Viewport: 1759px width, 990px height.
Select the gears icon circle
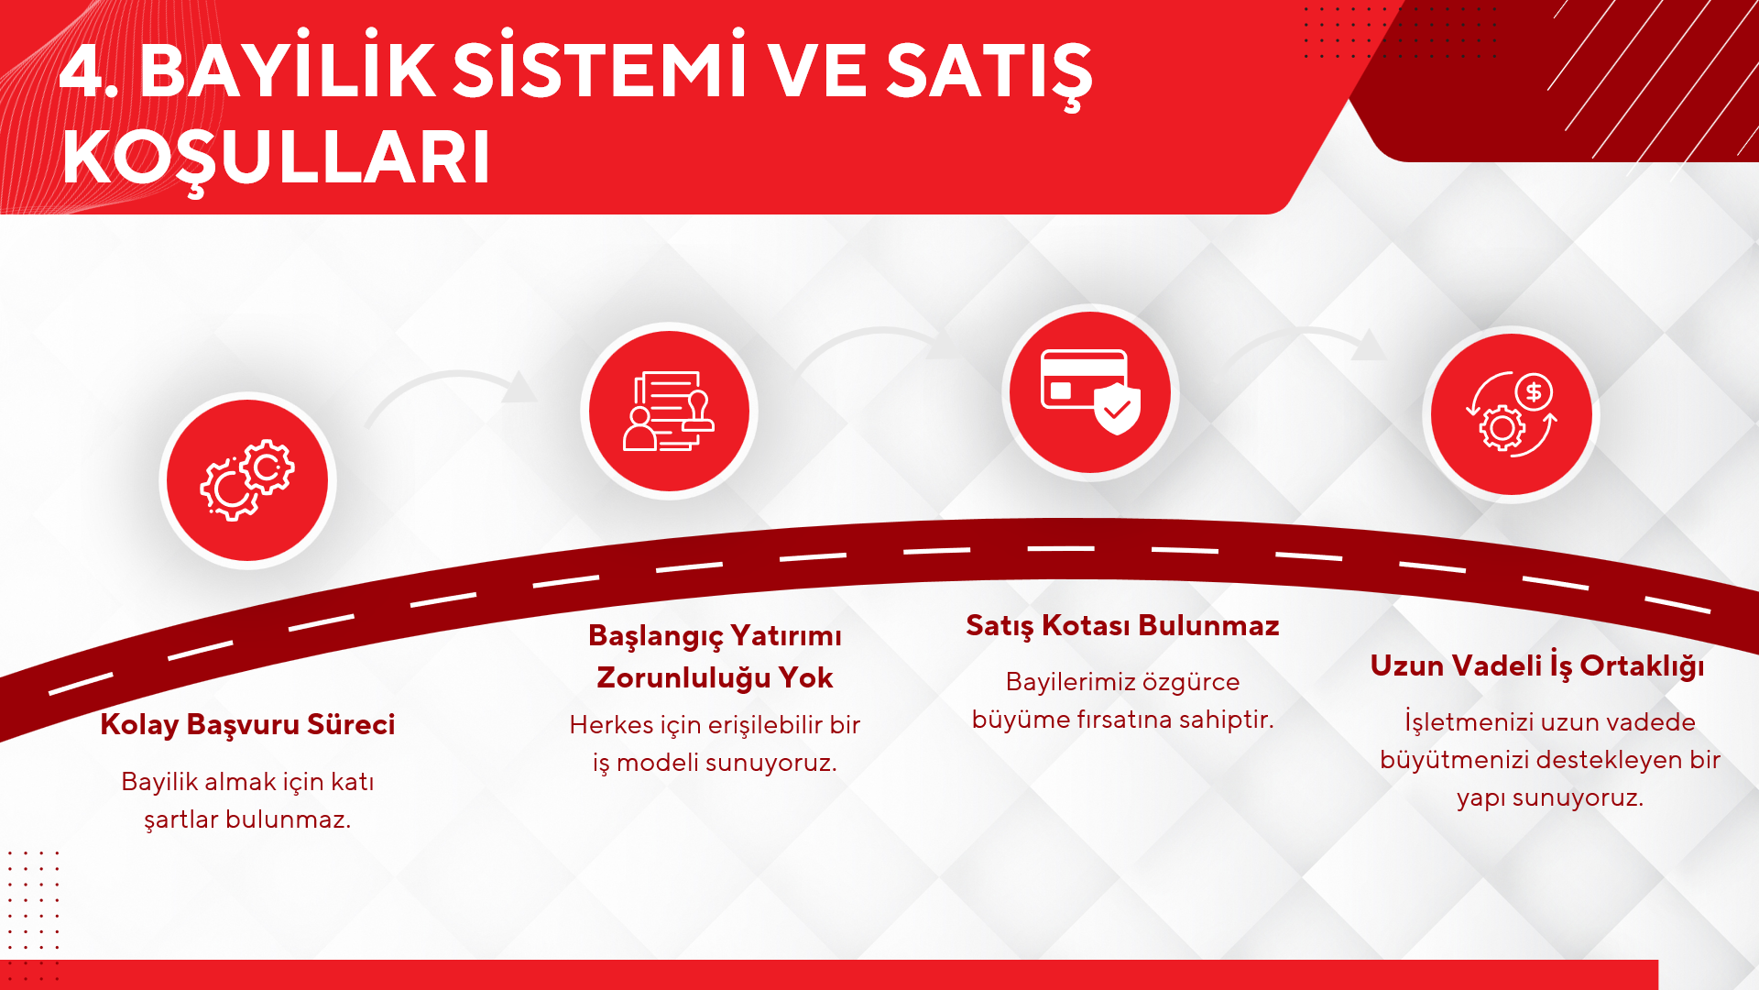pos(247,480)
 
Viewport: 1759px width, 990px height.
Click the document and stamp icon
pos(669,411)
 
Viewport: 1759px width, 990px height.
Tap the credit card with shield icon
pos(1090,391)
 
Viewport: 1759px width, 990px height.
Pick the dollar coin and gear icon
pos(1512,414)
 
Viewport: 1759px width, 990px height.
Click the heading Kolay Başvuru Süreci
pos(247,724)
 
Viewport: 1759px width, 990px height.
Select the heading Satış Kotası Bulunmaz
pos(1122,625)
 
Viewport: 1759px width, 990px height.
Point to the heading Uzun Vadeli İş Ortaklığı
pos(1537,665)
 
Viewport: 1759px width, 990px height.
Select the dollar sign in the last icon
pos(1534,392)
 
